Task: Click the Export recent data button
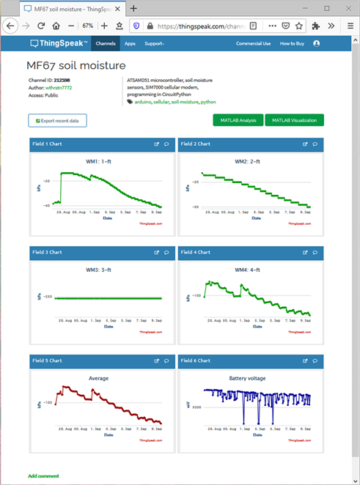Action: coord(57,120)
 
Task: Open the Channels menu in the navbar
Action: coord(106,43)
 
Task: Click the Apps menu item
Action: coord(130,43)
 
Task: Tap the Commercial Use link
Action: coord(253,43)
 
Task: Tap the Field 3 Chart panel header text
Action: coord(48,251)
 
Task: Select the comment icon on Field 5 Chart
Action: coord(166,360)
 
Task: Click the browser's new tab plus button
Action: coord(133,9)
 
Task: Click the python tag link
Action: coord(208,102)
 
